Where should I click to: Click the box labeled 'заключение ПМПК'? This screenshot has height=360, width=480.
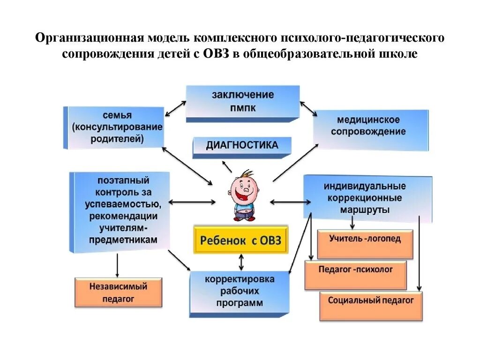(x=242, y=102)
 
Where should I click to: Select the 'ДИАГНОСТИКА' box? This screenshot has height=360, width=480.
(x=242, y=146)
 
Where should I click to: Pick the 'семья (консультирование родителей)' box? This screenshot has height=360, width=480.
(x=114, y=127)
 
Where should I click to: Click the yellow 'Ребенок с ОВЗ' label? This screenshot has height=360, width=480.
(x=241, y=240)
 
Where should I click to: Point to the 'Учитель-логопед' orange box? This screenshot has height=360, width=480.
(x=365, y=243)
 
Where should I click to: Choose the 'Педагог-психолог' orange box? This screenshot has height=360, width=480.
(x=355, y=274)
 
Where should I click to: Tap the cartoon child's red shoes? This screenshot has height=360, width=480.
(x=244, y=217)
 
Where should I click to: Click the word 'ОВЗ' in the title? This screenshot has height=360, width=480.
(x=216, y=54)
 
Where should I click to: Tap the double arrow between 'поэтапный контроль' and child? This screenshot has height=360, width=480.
(x=192, y=202)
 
